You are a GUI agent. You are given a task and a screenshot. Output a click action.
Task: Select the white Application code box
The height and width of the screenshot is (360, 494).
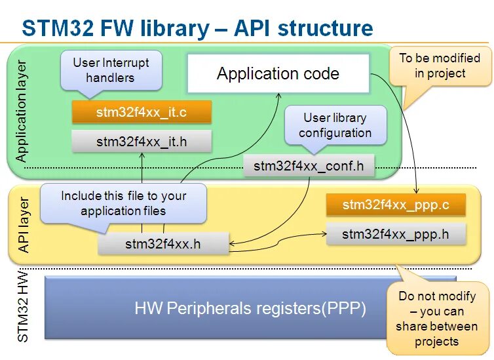[278, 73]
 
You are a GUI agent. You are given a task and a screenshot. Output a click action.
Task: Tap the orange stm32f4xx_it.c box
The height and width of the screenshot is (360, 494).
[142, 112]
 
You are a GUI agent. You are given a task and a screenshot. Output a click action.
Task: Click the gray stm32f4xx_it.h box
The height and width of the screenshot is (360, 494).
[142, 142]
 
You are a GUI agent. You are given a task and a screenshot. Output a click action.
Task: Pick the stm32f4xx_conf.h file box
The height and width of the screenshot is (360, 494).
[309, 166]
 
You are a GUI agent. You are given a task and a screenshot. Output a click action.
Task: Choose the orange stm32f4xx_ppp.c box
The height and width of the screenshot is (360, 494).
[396, 205]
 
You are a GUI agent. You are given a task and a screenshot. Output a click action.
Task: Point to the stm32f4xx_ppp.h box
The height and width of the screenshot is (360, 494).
[396, 234]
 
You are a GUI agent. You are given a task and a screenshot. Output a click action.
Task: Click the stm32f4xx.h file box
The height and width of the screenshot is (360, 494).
[163, 244]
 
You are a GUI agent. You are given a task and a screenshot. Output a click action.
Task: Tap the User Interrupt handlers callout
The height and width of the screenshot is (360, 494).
[111, 70]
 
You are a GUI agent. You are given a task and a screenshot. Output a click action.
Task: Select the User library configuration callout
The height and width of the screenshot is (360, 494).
[335, 125]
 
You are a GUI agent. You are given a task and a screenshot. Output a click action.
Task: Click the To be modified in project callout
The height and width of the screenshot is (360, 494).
[440, 66]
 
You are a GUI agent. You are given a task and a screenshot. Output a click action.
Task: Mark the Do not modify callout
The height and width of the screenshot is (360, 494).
[436, 319]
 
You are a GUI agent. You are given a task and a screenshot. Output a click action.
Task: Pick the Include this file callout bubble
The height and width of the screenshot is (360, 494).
[123, 204]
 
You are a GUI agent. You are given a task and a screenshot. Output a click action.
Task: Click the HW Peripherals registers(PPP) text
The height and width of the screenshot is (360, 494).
[250, 308]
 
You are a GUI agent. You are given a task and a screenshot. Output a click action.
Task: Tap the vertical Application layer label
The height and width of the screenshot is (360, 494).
[21, 111]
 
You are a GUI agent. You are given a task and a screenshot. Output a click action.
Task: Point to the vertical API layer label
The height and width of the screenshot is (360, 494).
[24, 225]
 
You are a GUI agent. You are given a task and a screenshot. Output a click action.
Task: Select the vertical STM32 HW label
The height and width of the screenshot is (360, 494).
[23, 307]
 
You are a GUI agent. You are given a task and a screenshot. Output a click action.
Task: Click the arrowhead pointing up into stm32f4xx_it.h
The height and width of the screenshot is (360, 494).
[142, 155]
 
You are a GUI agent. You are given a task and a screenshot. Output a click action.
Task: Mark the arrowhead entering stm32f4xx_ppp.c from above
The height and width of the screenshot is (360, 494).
[417, 191]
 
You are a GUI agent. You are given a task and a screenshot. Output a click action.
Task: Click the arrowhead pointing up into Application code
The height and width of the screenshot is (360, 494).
[278, 96]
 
